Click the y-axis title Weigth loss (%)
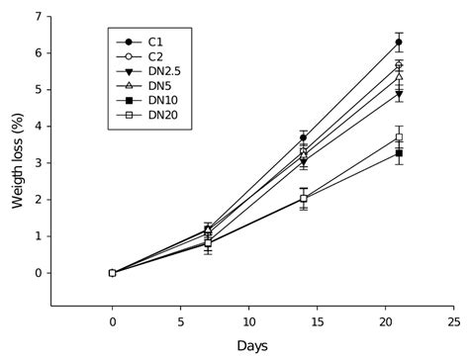tap(17, 158)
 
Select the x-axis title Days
tap(251, 345)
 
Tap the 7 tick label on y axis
tap(37, 16)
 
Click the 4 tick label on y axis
tap(37, 127)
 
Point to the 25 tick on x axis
tap(453, 321)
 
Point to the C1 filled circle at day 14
tap(304, 137)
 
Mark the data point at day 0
tap(112, 273)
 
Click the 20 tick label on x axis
tap(385, 321)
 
